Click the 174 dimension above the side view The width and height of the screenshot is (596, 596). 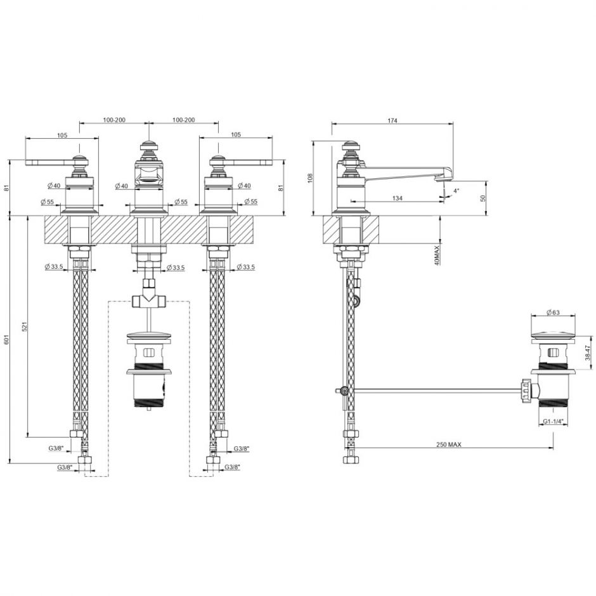(x=392, y=120)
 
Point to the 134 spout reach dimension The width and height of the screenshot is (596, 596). (x=397, y=198)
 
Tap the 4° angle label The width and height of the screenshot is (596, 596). (x=457, y=190)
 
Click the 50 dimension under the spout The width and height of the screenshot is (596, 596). (x=483, y=198)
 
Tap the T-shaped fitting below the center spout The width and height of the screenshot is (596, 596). (x=148, y=300)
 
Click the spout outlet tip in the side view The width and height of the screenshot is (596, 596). (x=444, y=178)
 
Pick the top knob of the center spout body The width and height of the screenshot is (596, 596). (x=148, y=145)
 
